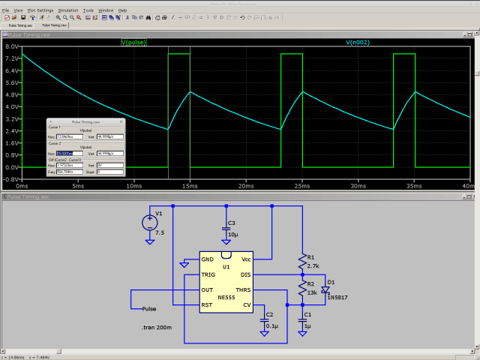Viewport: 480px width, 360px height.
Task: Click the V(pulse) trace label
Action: pos(135,43)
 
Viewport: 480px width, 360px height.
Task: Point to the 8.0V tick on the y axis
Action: pos(11,46)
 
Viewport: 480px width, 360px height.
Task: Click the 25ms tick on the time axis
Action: pos(301,184)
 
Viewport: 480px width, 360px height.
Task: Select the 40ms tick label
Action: pos(468,184)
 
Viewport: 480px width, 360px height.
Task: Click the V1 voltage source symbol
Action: pos(150,222)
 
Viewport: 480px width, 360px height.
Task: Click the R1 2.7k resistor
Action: pos(301,262)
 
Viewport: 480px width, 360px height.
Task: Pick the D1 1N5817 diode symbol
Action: pos(325,289)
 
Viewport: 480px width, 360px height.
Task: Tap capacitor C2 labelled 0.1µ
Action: pos(265,320)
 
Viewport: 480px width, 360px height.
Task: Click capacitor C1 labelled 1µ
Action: pos(302,320)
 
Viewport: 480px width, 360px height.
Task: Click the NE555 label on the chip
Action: pos(226,297)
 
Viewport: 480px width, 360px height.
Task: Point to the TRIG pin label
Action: pos(208,274)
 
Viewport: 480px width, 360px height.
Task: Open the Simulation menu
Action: pos(67,10)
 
